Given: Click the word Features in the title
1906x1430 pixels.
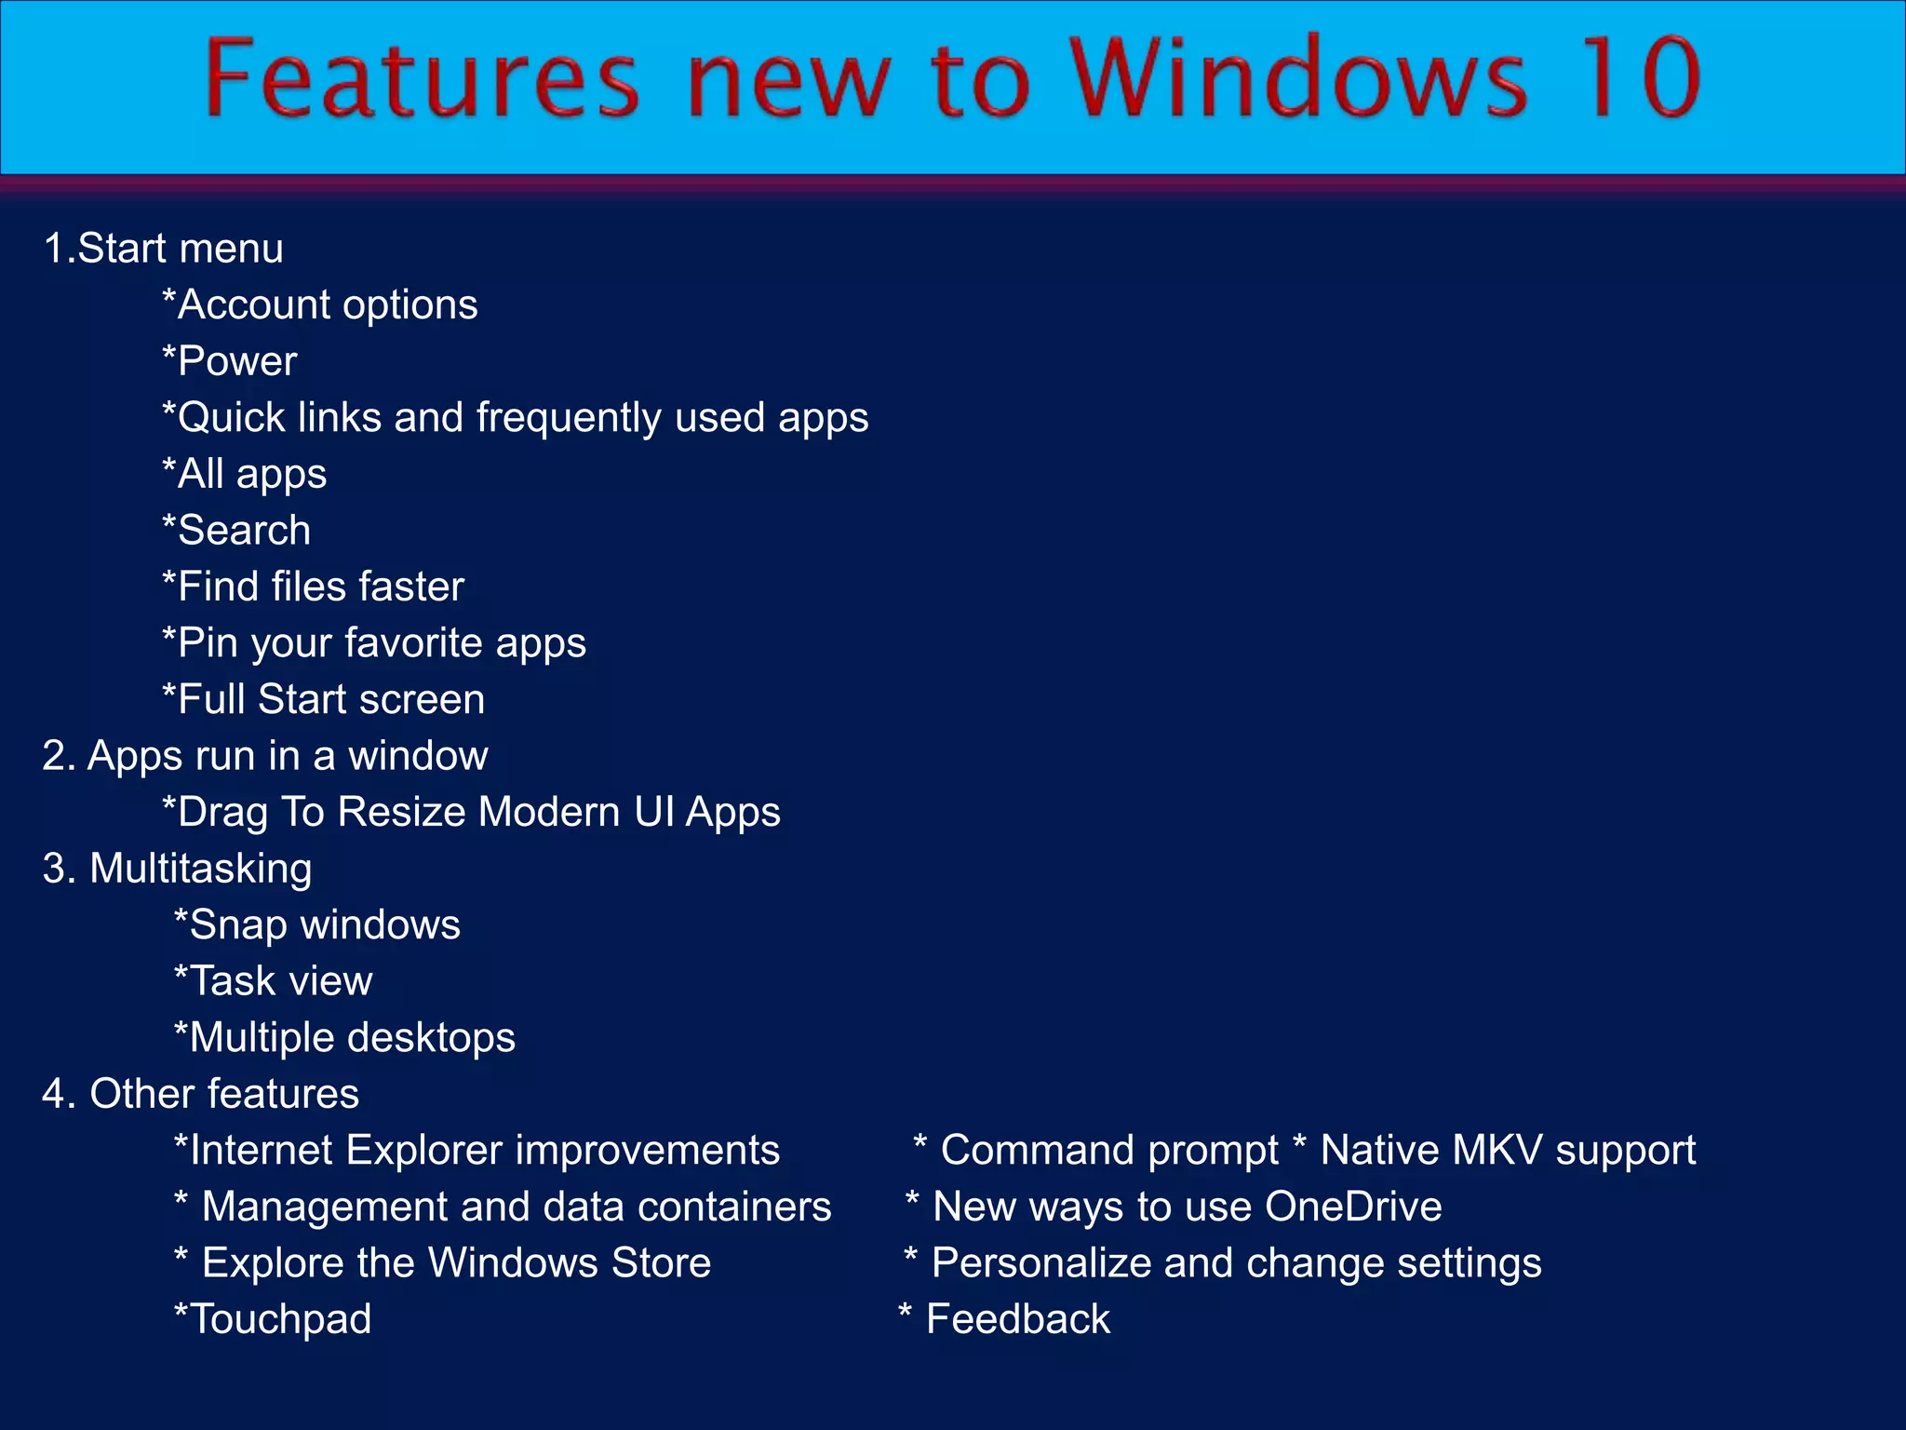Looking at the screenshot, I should (422, 79).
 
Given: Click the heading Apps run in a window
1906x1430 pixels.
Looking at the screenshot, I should (265, 756).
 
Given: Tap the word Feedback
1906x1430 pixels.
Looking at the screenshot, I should (1018, 1319).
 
